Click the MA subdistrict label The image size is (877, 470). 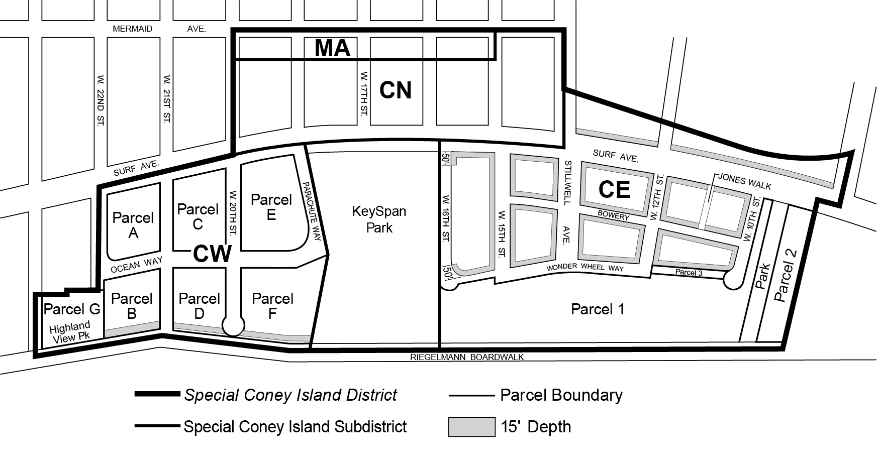(x=332, y=49)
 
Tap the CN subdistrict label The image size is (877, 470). (x=396, y=90)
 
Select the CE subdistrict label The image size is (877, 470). (x=614, y=189)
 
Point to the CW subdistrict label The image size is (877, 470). (x=212, y=254)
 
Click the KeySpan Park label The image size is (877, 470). (x=379, y=219)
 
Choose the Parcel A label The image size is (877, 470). (x=133, y=225)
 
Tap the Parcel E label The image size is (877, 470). (x=271, y=207)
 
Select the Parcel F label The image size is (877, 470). (x=272, y=306)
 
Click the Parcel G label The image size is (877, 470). (x=72, y=309)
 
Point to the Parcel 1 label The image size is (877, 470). (x=598, y=309)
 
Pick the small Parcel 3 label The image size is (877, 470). (x=689, y=273)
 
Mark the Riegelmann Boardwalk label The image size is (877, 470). (x=467, y=357)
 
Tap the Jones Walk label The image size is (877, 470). (x=744, y=181)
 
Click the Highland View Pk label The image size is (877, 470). (x=70, y=332)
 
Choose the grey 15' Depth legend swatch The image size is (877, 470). (x=471, y=427)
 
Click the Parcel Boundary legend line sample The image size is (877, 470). (x=471, y=396)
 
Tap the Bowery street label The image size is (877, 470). (x=613, y=216)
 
